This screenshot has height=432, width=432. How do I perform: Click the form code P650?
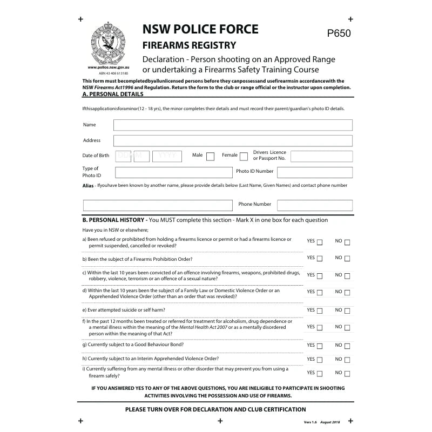pyautogui.click(x=339, y=33)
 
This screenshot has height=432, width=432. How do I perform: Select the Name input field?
pyautogui.click(x=233, y=125)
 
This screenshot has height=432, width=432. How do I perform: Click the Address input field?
pyautogui.click(x=233, y=141)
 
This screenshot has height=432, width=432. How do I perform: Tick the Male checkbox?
pyautogui.click(x=210, y=157)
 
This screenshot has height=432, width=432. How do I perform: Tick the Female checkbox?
pyautogui.click(x=244, y=157)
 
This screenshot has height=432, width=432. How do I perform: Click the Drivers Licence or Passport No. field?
pyautogui.click(x=321, y=157)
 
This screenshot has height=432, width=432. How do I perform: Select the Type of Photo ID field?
pyautogui.click(x=173, y=173)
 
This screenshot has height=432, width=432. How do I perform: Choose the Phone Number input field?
pyautogui.click(x=314, y=206)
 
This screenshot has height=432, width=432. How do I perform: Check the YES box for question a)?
pyautogui.click(x=320, y=242)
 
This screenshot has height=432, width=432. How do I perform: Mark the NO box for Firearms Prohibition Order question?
pyautogui.click(x=347, y=259)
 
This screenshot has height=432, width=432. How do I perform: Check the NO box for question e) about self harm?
pyautogui.click(x=347, y=311)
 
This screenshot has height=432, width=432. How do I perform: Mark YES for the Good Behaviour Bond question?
pyautogui.click(x=320, y=346)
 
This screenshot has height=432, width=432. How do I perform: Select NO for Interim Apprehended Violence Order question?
pyautogui.click(x=347, y=360)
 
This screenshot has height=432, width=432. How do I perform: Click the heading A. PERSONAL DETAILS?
pyautogui.click(x=113, y=94)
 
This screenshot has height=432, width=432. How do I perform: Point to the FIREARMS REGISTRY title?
pyautogui.click(x=189, y=45)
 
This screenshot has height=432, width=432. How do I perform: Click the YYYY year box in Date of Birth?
pyautogui.click(x=167, y=156)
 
